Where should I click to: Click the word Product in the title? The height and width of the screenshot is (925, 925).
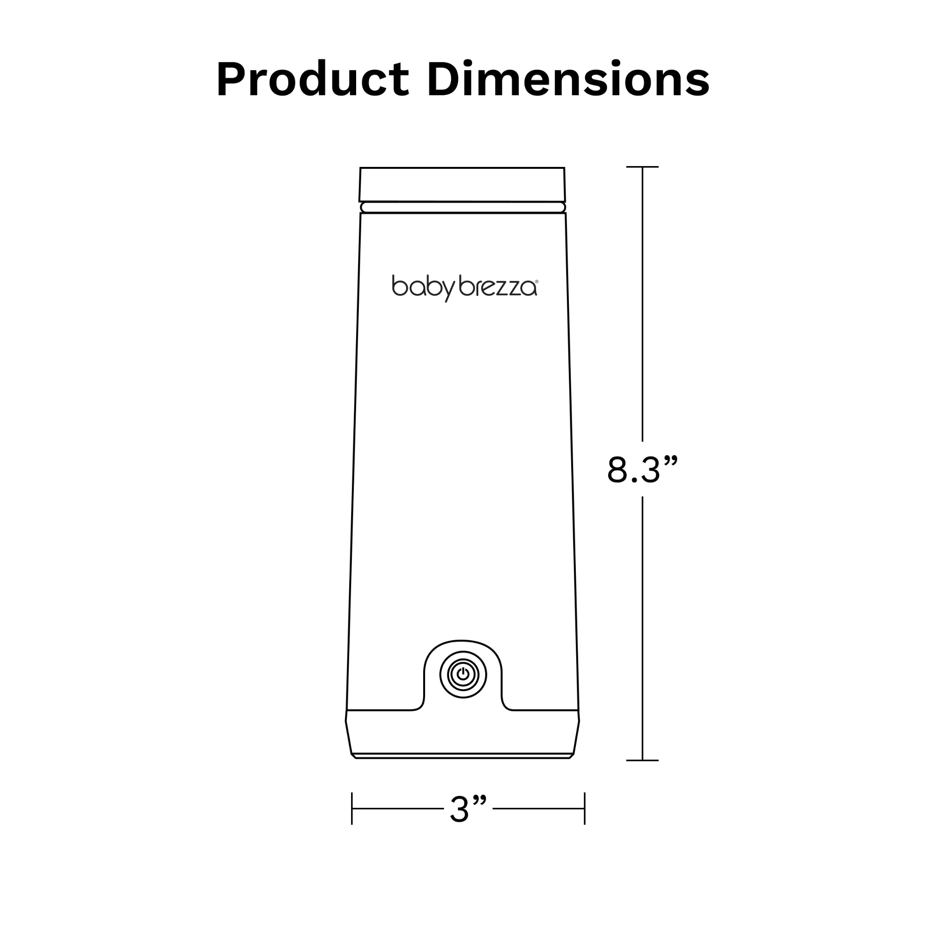point(313,79)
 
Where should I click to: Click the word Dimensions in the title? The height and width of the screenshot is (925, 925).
point(568,79)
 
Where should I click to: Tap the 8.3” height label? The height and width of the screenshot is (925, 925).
point(642,470)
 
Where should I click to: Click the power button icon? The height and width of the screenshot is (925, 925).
point(462,675)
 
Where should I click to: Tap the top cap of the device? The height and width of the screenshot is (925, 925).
point(462,185)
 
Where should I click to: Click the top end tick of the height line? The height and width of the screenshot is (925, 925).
point(642,166)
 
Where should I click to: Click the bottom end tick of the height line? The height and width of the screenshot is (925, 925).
point(642,760)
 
